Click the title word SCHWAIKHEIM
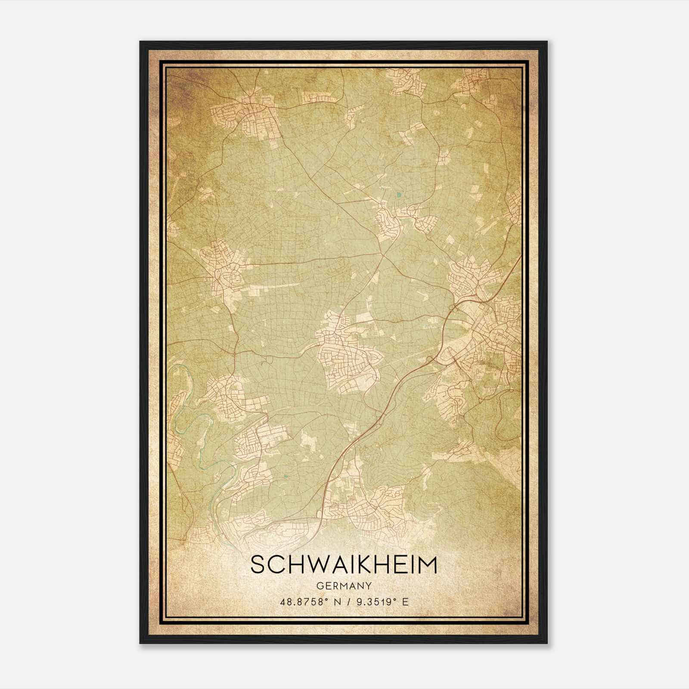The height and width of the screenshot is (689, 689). pyautogui.click(x=343, y=565)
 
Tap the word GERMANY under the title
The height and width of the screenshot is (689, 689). pyautogui.click(x=344, y=586)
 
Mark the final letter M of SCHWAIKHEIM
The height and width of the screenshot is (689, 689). pyautogui.click(x=428, y=565)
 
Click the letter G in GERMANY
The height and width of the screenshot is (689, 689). pyautogui.click(x=319, y=586)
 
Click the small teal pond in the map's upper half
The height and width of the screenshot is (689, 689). pyautogui.click(x=399, y=195)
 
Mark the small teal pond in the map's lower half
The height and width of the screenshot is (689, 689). pyautogui.click(x=285, y=476)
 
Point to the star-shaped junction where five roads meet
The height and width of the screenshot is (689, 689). pyautogui.click(x=382, y=256)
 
